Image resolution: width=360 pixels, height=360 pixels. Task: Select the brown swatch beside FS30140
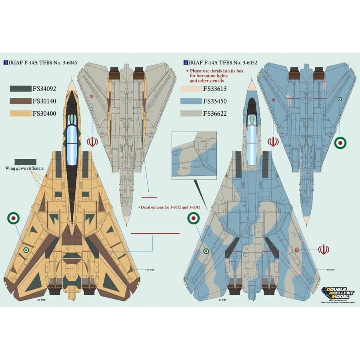point(19,102)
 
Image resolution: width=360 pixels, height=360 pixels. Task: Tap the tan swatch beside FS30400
point(19,114)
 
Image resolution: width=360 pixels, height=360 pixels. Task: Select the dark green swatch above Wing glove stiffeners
point(25,161)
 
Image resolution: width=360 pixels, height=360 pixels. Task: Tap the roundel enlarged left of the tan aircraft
point(13,218)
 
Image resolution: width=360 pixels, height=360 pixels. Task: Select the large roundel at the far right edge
point(340,142)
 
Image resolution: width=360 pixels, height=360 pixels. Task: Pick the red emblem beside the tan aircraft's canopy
point(92,142)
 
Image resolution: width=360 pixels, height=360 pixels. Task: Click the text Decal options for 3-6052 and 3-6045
point(169,207)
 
